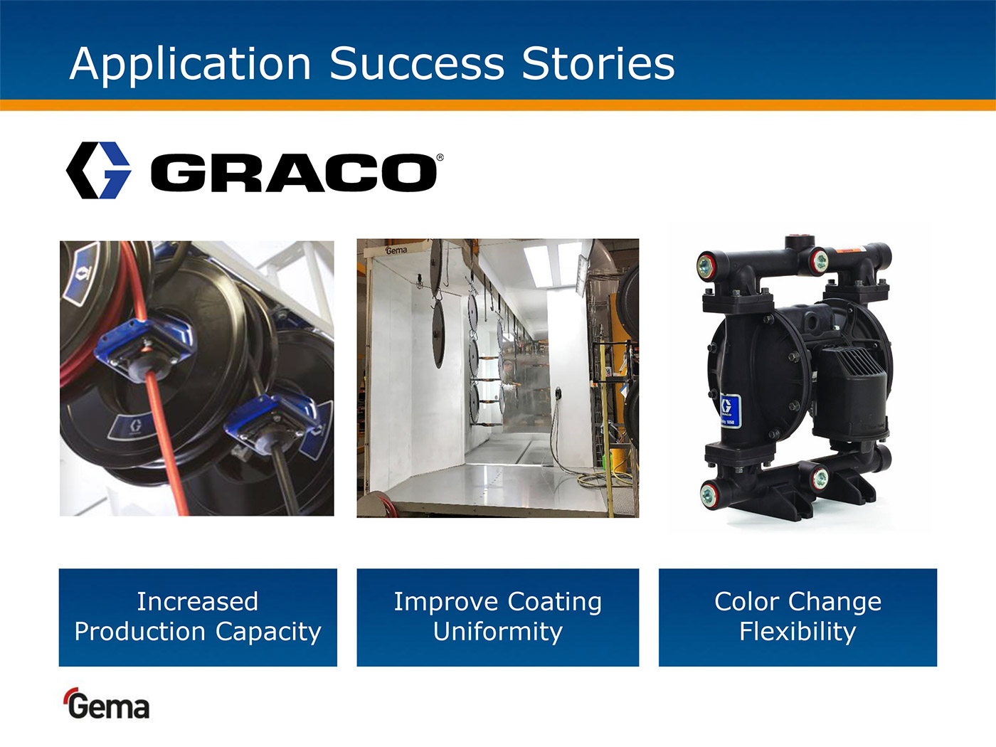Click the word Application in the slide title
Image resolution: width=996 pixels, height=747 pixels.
pos(190,65)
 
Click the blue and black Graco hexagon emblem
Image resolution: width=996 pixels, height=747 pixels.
pos(98,171)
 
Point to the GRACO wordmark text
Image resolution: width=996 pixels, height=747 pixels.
pos(294,172)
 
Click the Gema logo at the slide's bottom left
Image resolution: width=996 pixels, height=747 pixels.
pos(107,704)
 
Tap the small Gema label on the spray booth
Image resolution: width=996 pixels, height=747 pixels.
pos(396,250)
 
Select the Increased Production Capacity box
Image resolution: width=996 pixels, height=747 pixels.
pos(198,618)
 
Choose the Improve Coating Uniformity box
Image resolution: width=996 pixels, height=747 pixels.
pos(498,618)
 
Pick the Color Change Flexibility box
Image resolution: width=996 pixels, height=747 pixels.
pos(798,618)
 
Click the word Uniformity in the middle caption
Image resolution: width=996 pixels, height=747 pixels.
pos(498,632)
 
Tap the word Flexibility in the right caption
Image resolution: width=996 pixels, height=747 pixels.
pos(798,632)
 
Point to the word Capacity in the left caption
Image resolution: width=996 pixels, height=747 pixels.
pos(268,632)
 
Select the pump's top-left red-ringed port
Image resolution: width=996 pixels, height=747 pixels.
pos(705,266)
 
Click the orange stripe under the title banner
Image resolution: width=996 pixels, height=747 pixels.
pos(498,105)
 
